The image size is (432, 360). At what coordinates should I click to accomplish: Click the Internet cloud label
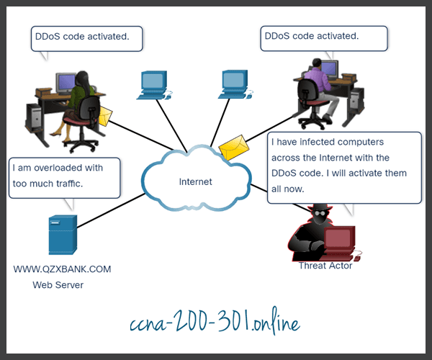coord(195,181)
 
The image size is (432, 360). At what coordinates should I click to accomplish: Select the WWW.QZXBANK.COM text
coord(62,269)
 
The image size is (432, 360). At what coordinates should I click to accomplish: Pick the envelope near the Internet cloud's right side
coord(234,147)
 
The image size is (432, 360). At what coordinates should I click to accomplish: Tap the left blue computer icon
coord(150,85)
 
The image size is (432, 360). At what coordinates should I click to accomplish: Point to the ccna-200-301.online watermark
coord(217,321)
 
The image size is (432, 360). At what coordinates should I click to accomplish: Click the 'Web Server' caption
coord(58,284)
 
